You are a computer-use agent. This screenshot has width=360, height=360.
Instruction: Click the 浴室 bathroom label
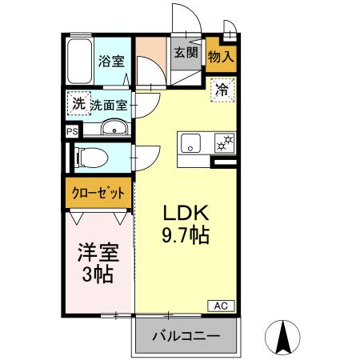tap(110, 61)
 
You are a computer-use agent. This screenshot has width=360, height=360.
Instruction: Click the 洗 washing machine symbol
tap(78, 103)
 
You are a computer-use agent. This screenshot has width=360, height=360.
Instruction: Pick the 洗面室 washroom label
tap(108, 104)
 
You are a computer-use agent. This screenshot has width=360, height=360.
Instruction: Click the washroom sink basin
tap(114, 129)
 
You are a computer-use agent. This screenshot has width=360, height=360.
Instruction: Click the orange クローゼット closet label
tap(98, 193)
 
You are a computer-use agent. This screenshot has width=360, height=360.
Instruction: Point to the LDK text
tap(186, 214)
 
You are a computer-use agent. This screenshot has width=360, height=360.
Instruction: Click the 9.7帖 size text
tap(186, 236)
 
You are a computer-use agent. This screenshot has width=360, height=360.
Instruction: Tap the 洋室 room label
tap(98, 255)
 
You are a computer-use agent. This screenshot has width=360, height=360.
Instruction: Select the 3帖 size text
tap(98, 276)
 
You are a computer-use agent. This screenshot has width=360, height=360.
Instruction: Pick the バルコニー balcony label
tap(186, 335)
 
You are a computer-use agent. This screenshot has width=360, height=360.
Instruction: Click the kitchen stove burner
tap(223, 144)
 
